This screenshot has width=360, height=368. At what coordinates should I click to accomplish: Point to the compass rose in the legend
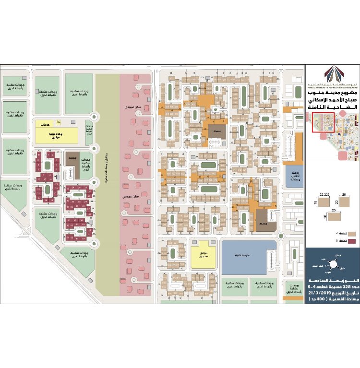[x=332, y=264]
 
